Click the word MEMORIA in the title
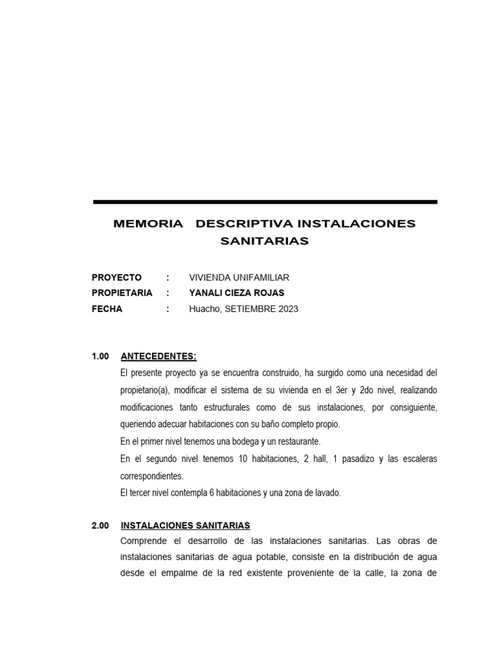click(x=148, y=224)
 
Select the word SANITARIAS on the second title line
click(x=264, y=242)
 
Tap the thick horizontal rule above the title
click(x=265, y=202)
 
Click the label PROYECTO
click(x=117, y=278)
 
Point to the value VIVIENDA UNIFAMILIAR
click(x=239, y=278)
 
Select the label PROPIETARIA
click(x=122, y=293)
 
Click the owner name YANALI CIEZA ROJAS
click(x=237, y=293)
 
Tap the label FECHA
click(x=107, y=309)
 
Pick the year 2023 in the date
click(x=288, y=309)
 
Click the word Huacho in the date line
click(x=204, y=309)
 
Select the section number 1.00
click(x=101, y=356)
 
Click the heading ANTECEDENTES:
click(x=159, y=356)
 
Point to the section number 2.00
click(x=101, y=526)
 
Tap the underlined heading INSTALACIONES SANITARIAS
click(x=186, y=526)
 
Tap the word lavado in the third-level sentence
click(x=327, y=493)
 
